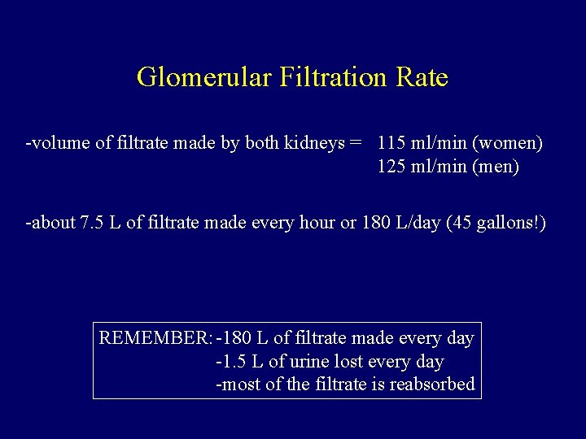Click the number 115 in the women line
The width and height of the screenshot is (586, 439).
(393, 144)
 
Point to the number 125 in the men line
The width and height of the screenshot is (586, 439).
(393, 167)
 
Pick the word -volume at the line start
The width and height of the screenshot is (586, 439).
(55, 144)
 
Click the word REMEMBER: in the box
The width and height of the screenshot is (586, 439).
(155, 337)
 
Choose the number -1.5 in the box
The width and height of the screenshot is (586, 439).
(230, 361)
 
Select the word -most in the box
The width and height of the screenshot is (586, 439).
(236, 385)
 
